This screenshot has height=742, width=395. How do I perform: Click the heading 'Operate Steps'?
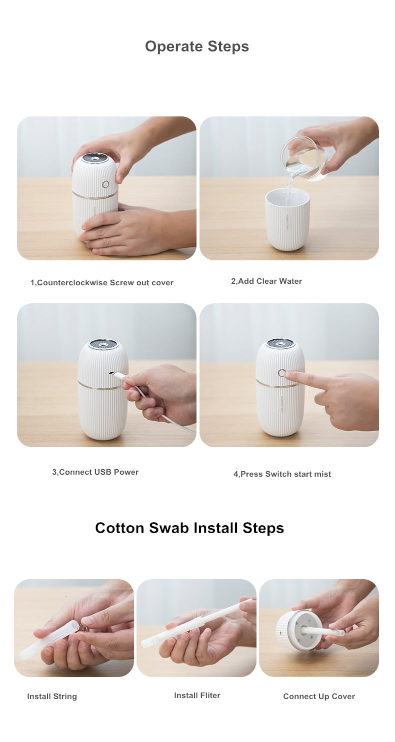[x=197, y=46]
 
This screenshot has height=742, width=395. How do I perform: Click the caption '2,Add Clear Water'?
[x=266, y=281]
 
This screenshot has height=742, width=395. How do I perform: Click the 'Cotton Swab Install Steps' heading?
[x=189, y=528]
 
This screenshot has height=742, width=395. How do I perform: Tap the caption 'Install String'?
[x=52, y=697]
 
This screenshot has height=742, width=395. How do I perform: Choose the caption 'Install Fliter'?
[x=197, y=696]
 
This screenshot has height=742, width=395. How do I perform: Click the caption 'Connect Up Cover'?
[x=319, y=697]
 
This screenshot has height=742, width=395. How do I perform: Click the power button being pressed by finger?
[x=282, y=373]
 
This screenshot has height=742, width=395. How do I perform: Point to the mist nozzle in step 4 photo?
[x=280, y=343]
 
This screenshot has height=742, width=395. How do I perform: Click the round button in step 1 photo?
[x=105, y=184]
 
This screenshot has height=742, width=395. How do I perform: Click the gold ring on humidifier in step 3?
[x=97, y=386]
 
